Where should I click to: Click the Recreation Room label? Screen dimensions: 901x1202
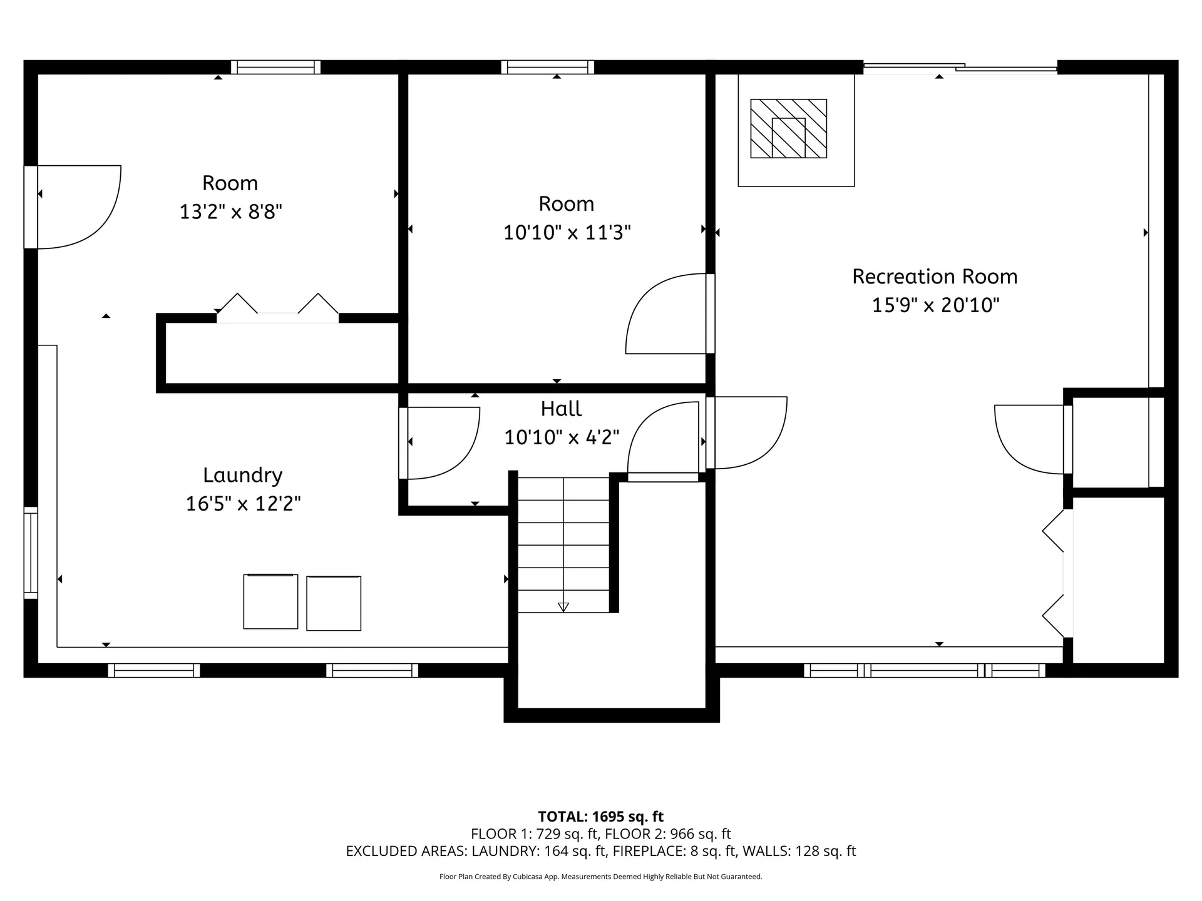[934, 277]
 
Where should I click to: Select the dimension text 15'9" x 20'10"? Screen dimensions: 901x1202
[935, 305]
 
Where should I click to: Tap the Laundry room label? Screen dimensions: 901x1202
[242, 475]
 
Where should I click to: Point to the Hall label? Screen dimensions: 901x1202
[561, 409]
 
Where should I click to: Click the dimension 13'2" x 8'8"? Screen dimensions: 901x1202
[230, 211]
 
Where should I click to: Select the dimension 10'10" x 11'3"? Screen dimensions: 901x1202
[567, 233]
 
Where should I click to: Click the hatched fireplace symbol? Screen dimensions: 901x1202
[788, 128]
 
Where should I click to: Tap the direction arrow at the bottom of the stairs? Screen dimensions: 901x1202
[563, 606]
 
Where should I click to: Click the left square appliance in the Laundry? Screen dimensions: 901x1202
[270, 601]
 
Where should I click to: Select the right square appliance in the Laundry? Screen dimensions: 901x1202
[334, 603]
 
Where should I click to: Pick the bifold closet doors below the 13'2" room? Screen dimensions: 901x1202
[277, 308]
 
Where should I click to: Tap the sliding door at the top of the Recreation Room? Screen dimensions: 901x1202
[960, 68]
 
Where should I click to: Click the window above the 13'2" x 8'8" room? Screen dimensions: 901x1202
[275, 67]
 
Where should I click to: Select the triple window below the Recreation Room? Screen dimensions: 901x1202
[924, 671]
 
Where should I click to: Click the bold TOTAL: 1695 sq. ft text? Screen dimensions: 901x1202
[600, 817]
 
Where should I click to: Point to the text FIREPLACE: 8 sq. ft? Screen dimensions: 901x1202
[672, 851]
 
